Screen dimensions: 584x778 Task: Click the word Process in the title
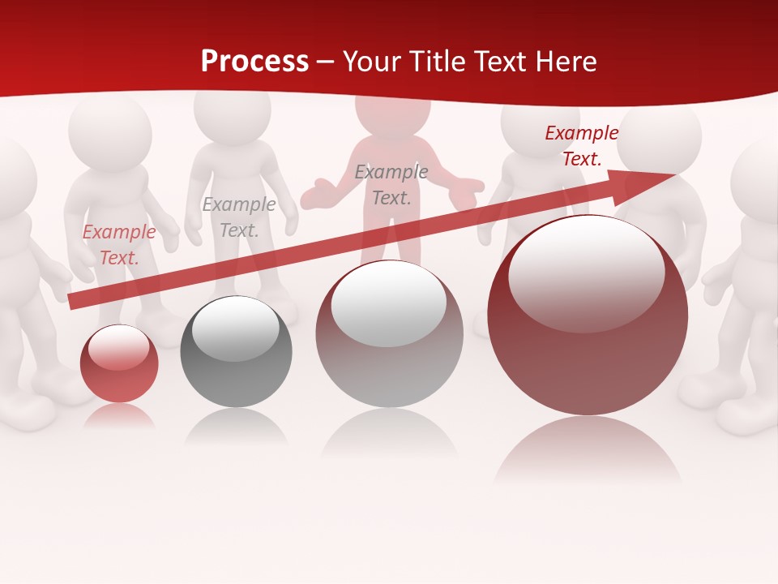[254, 62]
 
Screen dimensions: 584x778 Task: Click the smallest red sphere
[119, 363]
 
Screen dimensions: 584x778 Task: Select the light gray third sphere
[389, 333]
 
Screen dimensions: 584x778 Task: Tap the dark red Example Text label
[581, 146]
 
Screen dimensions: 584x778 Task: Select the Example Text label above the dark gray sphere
[238, 217]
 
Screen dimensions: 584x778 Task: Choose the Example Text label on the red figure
[391, 185]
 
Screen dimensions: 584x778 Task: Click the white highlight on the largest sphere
[586, 271]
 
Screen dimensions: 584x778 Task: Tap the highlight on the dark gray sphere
[236, 328]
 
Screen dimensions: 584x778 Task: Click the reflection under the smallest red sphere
[119, 415]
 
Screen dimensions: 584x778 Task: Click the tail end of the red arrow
[75, 302]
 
